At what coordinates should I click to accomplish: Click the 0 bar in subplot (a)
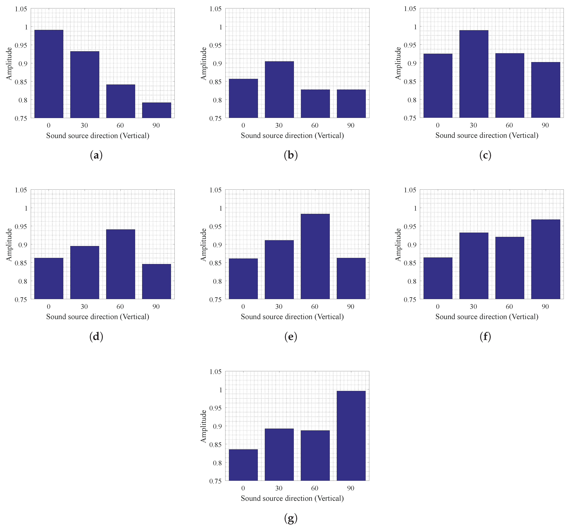tap(49, 74)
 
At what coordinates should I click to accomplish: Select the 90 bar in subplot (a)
tap(156, 110)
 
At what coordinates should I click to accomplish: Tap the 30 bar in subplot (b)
tap(279, 89)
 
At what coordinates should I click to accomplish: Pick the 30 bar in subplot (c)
tap(474, 74)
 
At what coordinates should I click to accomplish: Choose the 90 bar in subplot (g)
tap(351, 436)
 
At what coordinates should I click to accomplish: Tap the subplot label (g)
tap(291, 518)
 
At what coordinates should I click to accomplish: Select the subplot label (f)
tap(485, 336)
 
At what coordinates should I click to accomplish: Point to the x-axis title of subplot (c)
tap(487, 135)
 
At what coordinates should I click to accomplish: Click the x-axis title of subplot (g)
tap(292, 498)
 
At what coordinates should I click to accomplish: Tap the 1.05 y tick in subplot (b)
tap(216, 9)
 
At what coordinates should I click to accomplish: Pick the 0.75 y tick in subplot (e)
tap(216, 300)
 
